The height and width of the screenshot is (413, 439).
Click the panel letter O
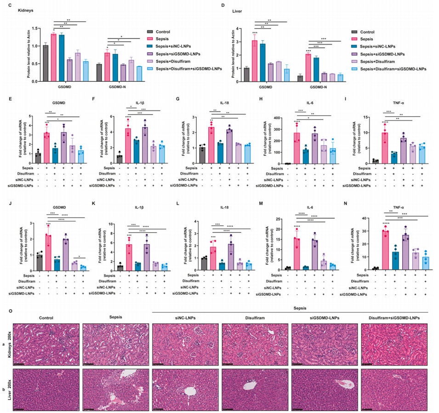(x=11, y=311)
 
